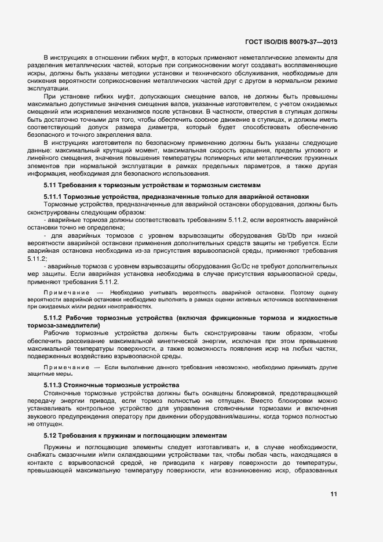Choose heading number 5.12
[x=51, y=435]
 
